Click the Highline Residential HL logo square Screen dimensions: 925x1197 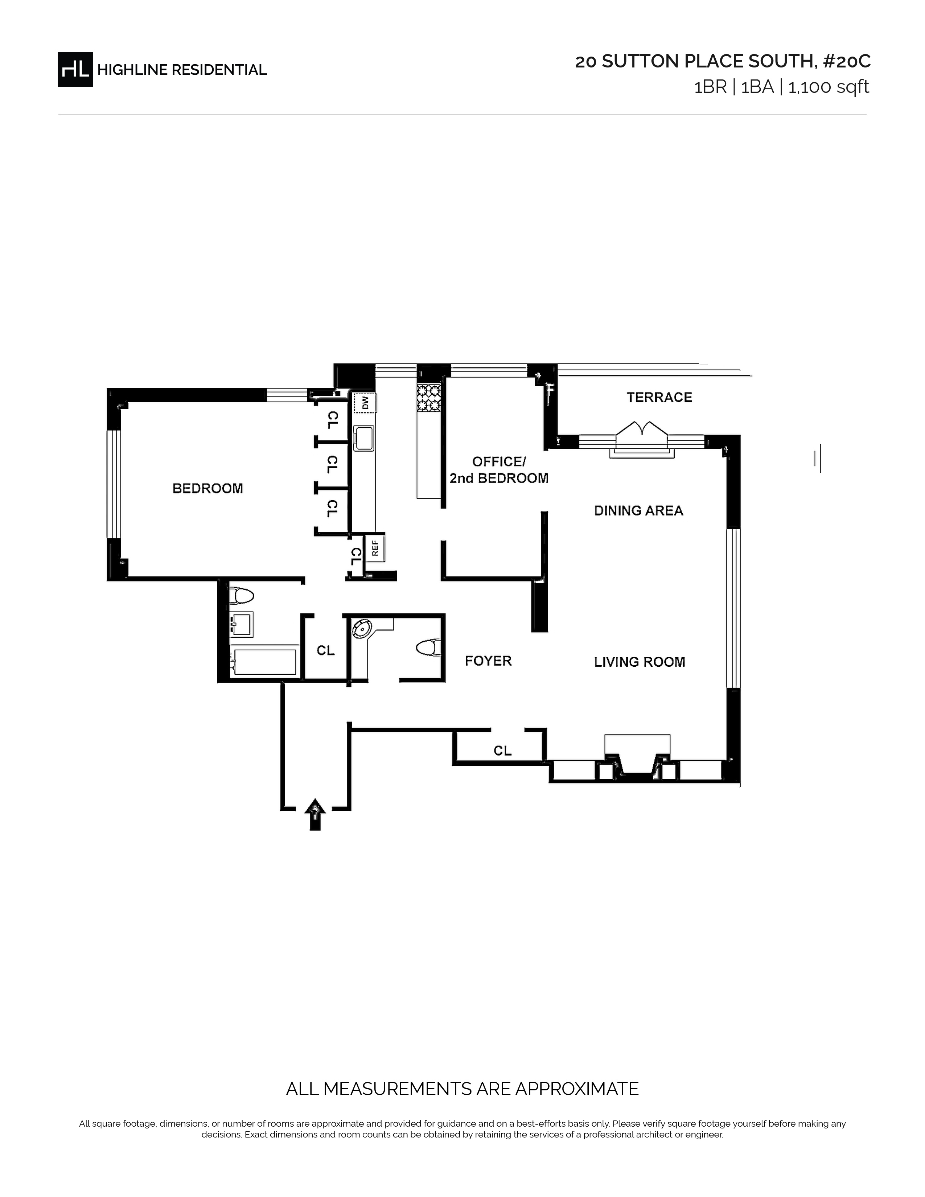point(75,70)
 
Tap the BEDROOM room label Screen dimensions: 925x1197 point(208,488)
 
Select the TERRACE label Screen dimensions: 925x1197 point(659,397)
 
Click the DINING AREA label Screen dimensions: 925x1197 point(638,511)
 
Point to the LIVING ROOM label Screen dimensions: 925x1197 point(640,662)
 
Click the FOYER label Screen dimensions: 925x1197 point(488,661)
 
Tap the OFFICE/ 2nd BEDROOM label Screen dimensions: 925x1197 point(499,470)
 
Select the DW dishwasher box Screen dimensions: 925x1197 point(365,403)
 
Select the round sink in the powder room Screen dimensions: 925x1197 point(362,629)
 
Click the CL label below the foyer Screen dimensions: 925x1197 point(502,750)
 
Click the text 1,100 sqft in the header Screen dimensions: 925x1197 point(829,87)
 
